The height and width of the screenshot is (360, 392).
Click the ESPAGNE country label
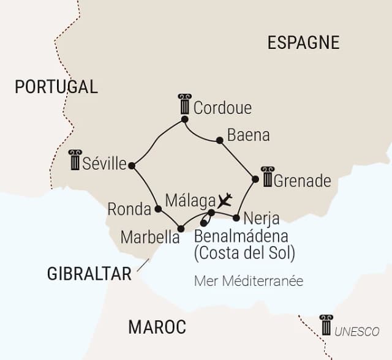[303, 42]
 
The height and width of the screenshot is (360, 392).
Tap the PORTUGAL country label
[56, 87]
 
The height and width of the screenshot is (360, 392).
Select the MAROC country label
[157, 327]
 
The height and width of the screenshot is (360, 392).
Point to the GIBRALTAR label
[89, 274]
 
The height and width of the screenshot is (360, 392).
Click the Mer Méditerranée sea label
[249, 281]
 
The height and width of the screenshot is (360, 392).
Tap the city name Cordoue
[222, 108]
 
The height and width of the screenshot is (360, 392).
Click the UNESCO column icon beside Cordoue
[184, 105]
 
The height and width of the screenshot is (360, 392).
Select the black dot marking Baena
[219, 141]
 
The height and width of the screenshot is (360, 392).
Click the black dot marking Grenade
[255, 179]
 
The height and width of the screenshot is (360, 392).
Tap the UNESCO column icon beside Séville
[75, 160]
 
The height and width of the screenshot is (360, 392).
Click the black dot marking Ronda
[158, 209]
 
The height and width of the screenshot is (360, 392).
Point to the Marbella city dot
[181, 229]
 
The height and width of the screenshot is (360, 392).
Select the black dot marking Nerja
[236, 217]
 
